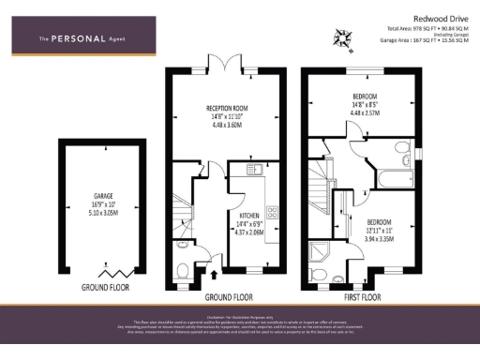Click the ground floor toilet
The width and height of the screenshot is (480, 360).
click(184, 271)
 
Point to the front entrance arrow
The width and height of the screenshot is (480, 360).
click(217, 276)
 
